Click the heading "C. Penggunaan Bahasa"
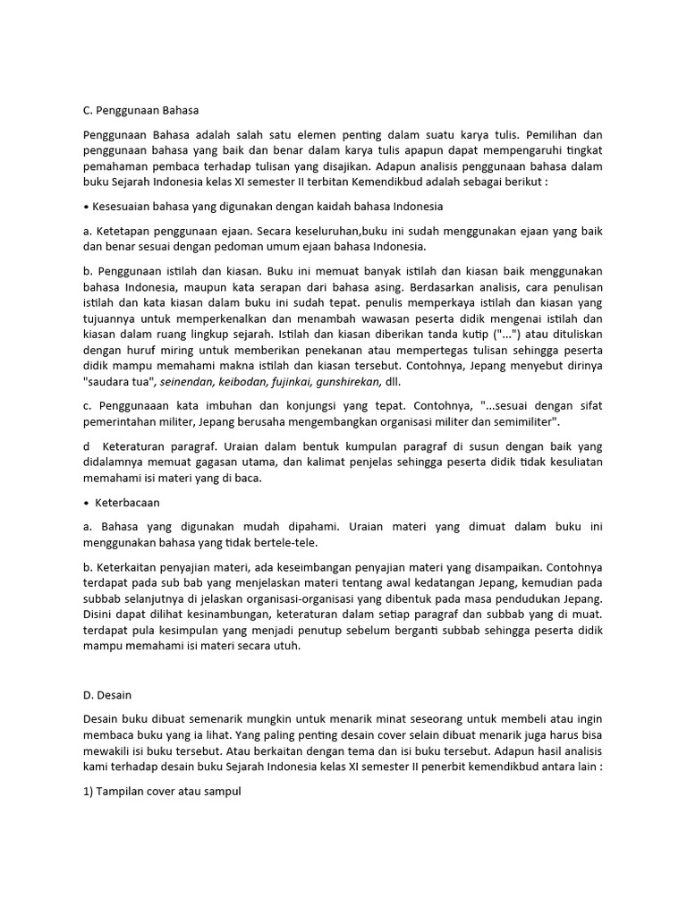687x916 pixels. tap(140, 110)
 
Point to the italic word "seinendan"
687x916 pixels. tap(190, 382)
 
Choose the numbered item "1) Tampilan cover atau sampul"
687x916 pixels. tap(162, 792)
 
